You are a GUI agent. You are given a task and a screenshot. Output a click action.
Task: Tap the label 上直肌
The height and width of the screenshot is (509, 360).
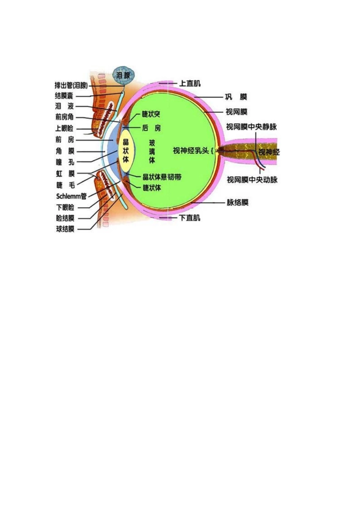click(189, 83)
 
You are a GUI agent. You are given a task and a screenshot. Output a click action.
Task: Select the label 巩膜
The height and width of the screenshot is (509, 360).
click(236, 97)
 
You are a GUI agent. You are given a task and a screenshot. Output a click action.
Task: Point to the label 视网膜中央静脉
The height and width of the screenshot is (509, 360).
click(251, 126)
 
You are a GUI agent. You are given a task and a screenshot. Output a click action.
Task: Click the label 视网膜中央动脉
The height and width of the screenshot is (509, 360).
click(252, 180)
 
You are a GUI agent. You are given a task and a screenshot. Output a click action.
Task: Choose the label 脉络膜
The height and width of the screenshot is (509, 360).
click(238, 202)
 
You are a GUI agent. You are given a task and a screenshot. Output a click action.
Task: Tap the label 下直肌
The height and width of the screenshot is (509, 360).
click(189, 218)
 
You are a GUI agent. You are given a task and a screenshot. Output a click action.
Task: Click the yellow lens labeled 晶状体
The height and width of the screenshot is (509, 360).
click(126, 151)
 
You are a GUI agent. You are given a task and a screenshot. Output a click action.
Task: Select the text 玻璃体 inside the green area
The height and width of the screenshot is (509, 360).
click(152, 151)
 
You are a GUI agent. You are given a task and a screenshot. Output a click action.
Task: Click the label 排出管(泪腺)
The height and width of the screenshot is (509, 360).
click(71, 85)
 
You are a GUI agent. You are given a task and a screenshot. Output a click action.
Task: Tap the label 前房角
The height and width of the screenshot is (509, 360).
click(64, 117)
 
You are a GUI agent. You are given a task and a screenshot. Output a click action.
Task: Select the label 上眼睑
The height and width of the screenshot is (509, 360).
click(64, 128)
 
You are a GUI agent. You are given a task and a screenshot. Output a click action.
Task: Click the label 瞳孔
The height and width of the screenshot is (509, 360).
click(65, 162)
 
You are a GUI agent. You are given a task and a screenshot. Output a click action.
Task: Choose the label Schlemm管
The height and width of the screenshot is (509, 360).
click(71, 196)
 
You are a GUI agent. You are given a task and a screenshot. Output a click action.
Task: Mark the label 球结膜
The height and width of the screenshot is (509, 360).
click(65, 229)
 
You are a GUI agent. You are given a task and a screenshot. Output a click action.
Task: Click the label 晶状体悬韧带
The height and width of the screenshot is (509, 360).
click(162, 177)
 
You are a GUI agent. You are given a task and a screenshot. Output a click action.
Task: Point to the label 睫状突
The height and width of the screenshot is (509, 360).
click(151, 114)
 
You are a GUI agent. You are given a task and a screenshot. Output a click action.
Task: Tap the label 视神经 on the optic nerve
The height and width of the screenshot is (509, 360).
click(269, 152)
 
